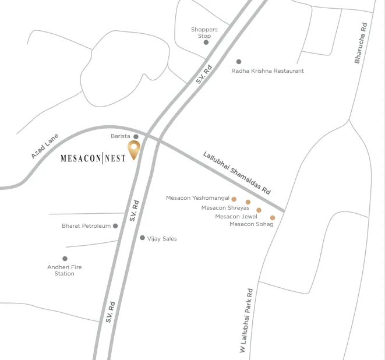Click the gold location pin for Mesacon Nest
[135, 149]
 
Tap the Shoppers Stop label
[204, 33]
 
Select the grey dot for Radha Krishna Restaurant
[238, 62]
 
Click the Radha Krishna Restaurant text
[267, 71]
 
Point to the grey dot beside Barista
[136, 137]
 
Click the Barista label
[121, 136]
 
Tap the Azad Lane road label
[45, 146]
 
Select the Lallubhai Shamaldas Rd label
[237, 173]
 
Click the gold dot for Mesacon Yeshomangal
[234, 199]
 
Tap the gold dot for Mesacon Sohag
[273, 218]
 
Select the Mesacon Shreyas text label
[225, 207]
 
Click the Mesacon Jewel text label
[236, 217]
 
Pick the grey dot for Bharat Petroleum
[115, 226]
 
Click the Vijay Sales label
[162, 239]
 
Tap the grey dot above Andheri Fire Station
[65, 259]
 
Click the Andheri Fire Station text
[65, 270]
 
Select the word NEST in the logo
[115, 158]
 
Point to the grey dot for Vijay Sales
[142, 238]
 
